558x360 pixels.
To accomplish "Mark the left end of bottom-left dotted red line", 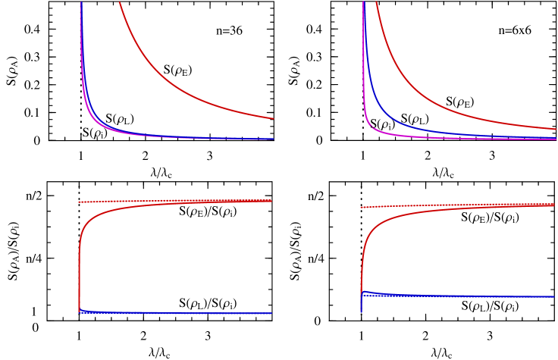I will click(79, 202).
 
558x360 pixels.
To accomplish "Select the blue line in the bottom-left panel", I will click(174, 312).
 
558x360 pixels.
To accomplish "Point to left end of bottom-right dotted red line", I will click(361, 207).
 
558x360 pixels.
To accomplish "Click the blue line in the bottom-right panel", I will click(470, 296).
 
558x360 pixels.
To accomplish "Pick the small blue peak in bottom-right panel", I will click(364, 292).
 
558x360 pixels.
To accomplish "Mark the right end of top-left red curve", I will click(273, 118).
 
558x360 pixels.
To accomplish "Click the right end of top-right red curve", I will click(556, 129).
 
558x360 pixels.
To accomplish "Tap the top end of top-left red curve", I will click(119, 2).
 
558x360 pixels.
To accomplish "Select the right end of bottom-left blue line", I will click(271, 313).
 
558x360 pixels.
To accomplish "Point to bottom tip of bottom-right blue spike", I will click(361, 311).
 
